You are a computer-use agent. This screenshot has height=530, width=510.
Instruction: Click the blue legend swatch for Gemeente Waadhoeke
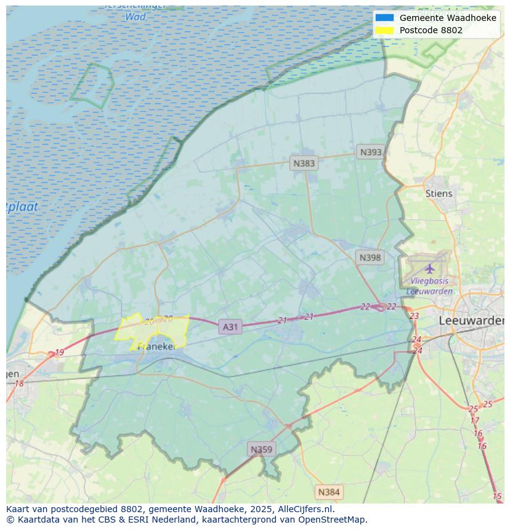(384, 18)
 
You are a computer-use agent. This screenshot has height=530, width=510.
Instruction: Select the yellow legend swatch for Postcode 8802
(384, 30)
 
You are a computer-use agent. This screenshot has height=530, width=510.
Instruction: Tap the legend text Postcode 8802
(431, 30)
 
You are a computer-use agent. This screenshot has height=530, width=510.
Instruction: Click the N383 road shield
(304, 163)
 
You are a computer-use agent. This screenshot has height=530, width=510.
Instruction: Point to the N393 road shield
(371, 152)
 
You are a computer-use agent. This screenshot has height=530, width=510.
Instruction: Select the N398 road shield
(370, 258)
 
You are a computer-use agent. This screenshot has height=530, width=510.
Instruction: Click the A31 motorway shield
(230, 327)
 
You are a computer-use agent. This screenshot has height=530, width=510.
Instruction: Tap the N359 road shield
(261, 449)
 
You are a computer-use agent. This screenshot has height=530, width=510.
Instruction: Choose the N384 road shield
(328, 492)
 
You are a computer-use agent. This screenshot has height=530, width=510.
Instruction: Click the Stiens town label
(439, 193)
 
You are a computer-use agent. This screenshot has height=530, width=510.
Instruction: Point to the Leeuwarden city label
(471, 321)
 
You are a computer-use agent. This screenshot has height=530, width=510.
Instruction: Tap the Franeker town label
(157, 347)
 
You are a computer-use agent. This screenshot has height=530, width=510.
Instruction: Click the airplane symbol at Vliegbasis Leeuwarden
(429, 268)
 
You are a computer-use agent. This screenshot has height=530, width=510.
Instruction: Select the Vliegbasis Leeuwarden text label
(429, 286)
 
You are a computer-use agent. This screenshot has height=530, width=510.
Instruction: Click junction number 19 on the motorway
(59, 352)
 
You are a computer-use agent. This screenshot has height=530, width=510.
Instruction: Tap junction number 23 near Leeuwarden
(414, 316)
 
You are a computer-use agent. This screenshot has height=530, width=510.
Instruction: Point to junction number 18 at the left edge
(19, 383)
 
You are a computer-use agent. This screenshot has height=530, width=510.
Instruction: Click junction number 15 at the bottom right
(497, 496)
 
